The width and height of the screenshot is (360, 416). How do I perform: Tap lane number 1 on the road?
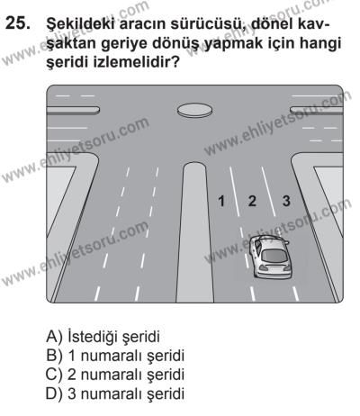(x=220, y=200)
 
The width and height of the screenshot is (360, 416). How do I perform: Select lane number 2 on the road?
(x=253, y=200)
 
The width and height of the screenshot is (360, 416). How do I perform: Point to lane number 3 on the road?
(x=286, y=200)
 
